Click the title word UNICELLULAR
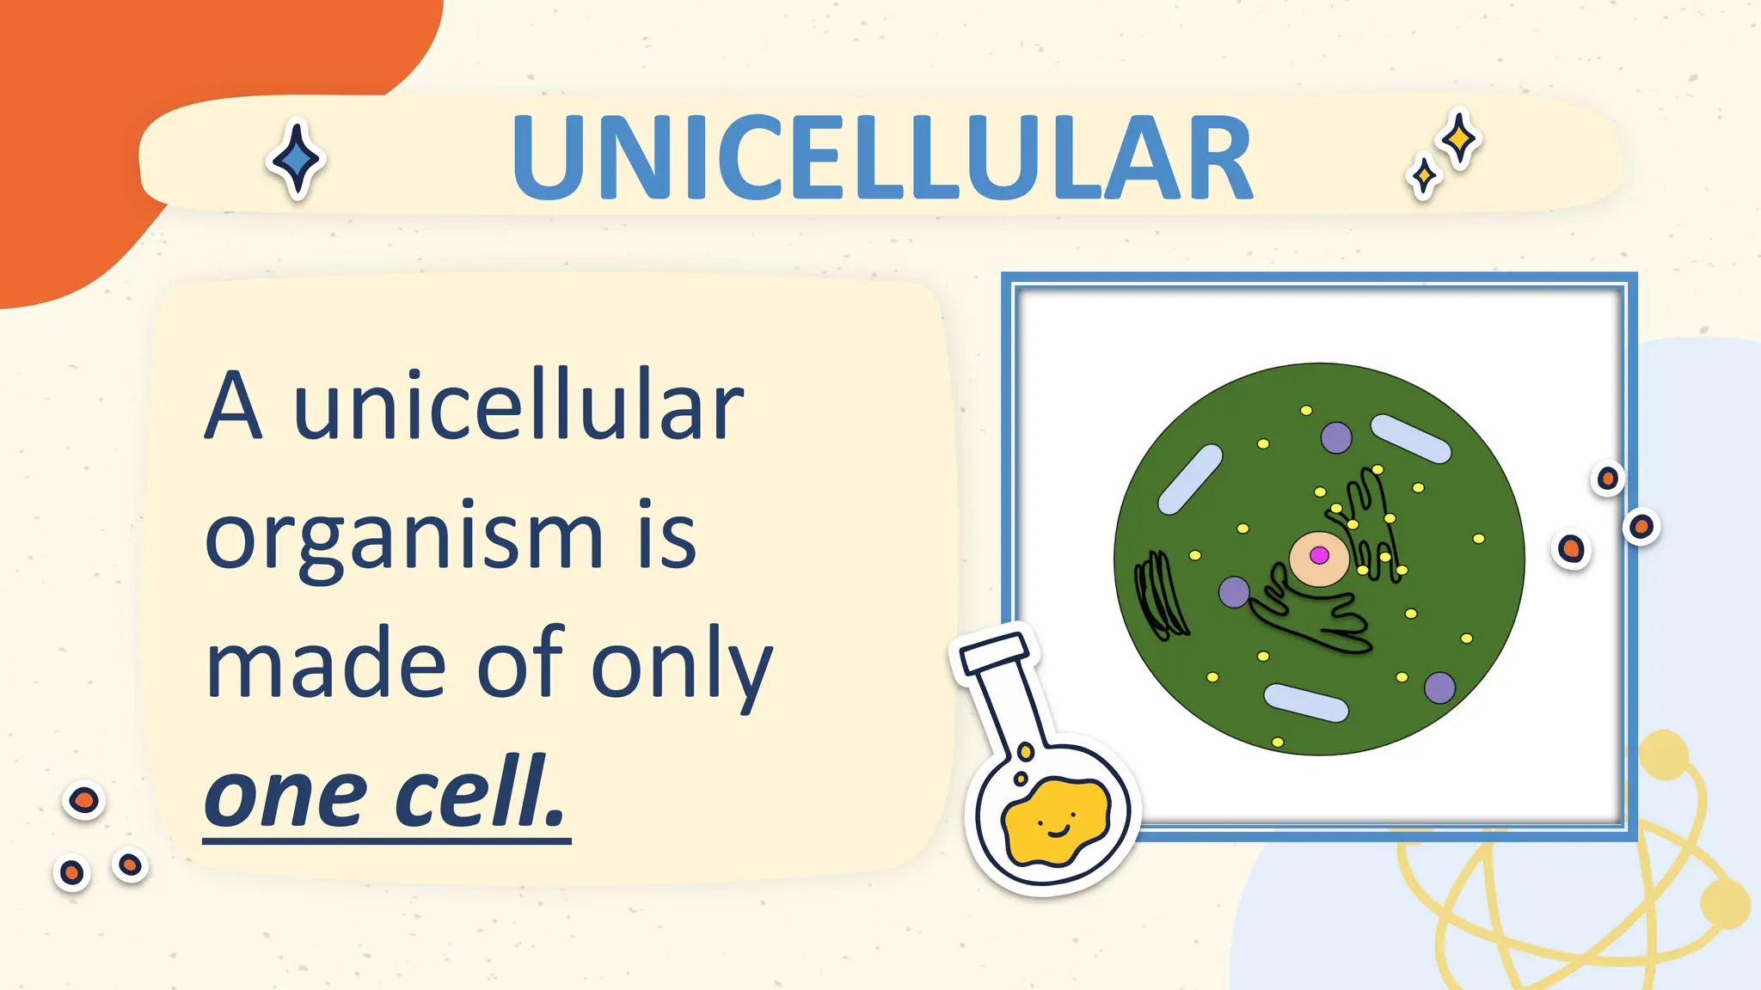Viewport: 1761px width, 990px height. coord(881,160)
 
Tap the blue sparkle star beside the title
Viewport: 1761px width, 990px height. coord(297,159)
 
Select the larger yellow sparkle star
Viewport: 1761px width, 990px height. coord(1459,138)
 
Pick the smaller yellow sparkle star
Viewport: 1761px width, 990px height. coord(1424,176)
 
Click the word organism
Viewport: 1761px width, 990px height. coord(404,537)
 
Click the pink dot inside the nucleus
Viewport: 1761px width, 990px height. coord(1319,555)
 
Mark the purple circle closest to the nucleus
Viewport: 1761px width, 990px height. coord(1234,591)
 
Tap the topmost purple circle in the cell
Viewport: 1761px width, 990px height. coord(1336,437)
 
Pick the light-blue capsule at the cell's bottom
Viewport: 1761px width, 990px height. coord(1305,702)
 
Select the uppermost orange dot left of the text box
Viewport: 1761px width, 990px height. coord(83,801)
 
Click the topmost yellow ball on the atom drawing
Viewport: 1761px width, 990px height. coord(1664,754)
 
